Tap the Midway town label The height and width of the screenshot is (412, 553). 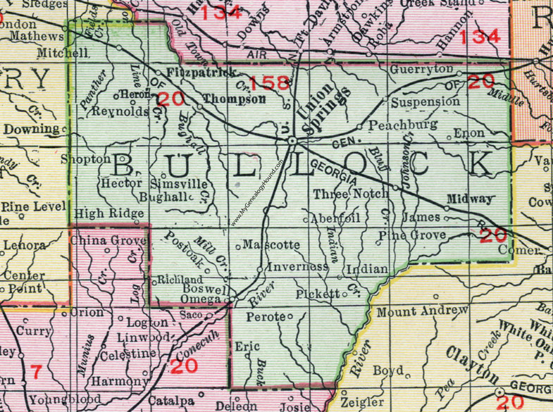469,199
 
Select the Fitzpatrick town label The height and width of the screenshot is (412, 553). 201,73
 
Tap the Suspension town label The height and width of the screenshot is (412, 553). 425,102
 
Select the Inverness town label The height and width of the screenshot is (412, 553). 297,267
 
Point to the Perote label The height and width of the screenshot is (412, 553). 265,318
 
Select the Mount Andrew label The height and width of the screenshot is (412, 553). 423,311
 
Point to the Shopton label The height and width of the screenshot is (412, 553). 86,159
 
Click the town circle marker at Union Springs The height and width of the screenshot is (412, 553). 292,142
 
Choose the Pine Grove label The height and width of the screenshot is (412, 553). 412,235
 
